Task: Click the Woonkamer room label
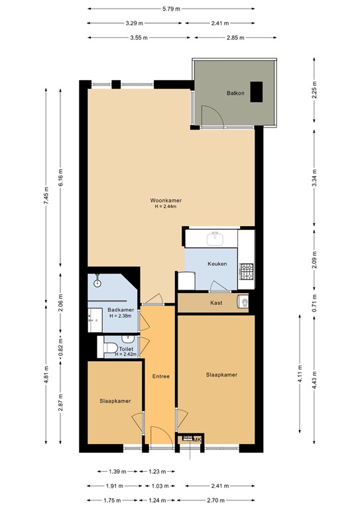pyautogui.click(x=166, y=200)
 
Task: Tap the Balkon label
pyautogui.click(x=235, y=93)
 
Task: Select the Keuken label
pyautogui.click(x=217, y=264)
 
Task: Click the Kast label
pyautogui.click(x=215, y=303)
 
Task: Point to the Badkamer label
pyautogui.click(x=121, y=310)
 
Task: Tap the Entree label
pyautogui.click(x=160, y=376)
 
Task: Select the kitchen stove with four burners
pyautogui.click(x=247, y=270)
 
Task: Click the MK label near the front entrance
pyautogui.click(x=196, y=439)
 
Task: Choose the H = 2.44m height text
pyautogui.click(x=166, y=207)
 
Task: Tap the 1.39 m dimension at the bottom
pyautogui.click(x=112, y=471)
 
